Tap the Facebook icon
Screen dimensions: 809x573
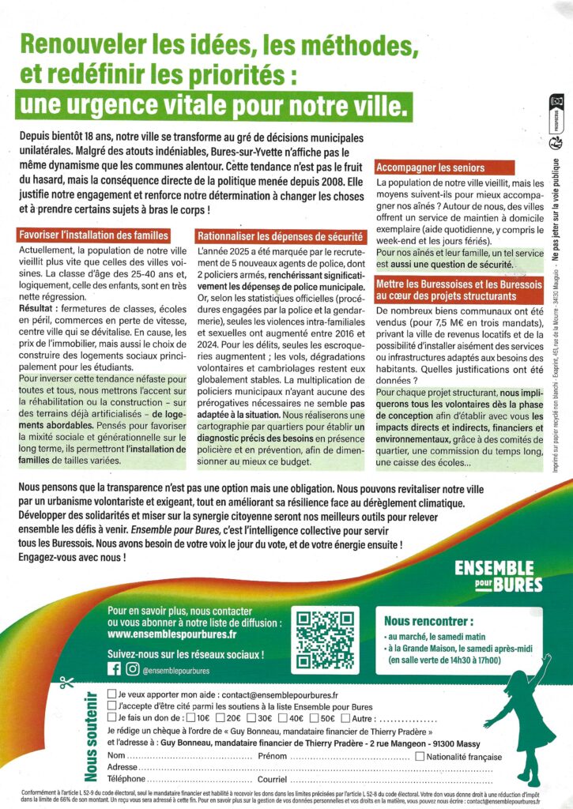[x=114, y=668]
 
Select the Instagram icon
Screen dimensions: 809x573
[x=132, y=668]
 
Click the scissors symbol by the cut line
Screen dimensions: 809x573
[x=66, y=682]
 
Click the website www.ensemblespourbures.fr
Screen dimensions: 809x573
[x=172, y=634]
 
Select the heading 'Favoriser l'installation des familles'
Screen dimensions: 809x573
[x=93, y=235]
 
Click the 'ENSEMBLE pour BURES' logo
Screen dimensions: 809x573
[x=499, y=576]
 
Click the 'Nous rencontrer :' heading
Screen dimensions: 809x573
[x=429, y=620]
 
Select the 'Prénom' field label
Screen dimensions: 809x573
[x=274, y=756]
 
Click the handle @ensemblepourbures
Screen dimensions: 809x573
[x=177, y=669]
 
